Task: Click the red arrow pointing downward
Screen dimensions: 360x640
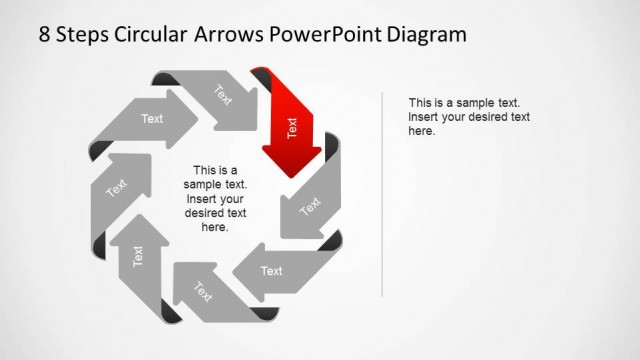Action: tap(291, 130)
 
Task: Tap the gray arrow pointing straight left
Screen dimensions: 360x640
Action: tap(270, 271)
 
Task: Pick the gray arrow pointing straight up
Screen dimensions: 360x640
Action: tap(138, 256)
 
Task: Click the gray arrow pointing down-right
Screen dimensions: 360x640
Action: tap(225, 99)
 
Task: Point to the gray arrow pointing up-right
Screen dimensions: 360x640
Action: tap(119, 185)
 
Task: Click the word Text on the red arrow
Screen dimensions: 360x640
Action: tap(292, 128)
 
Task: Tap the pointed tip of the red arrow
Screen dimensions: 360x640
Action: tap(291, 175)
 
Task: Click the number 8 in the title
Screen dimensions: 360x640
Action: tap(45, 35)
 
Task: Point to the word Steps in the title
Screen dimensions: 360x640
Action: tap(87, 35)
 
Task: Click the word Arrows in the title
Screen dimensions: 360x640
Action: tap(236, 35)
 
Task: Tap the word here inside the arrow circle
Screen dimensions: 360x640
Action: tap(215, 227)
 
